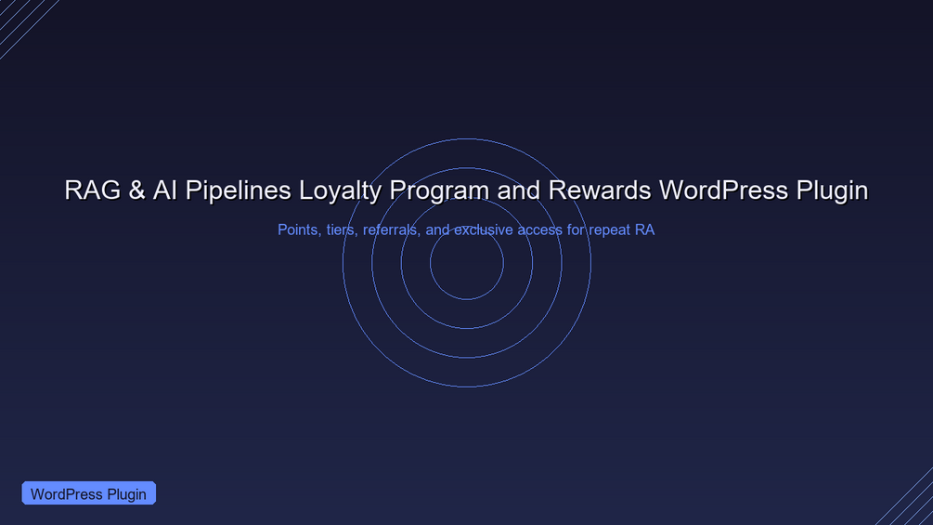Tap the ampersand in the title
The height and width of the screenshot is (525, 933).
[x=136, y=190]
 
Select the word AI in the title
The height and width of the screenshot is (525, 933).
[x=165, y=190]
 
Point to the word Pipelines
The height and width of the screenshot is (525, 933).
[x=238, y=191]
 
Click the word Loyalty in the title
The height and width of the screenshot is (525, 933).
[x=340, y=191]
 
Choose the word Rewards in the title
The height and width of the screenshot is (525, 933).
[x=600, y=190]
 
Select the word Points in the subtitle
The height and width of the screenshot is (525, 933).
[x=297, y=230]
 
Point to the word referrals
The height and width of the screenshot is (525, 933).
[x=390, y=230]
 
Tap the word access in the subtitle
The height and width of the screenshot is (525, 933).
[x=539, y=230]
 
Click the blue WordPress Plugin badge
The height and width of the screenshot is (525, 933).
[x=89, y=493]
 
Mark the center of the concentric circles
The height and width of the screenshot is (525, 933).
[x=467, y=263]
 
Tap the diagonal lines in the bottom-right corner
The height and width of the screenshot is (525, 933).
[x=907, y=499]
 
